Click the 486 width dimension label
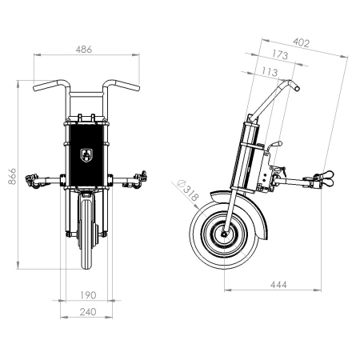point(84,50)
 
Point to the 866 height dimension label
point(12,176)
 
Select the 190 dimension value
point(88,295)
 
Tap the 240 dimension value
point(88,312)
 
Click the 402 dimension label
point(302,42)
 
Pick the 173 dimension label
point(280,54)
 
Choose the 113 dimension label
point(270,72)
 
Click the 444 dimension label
point(278,285)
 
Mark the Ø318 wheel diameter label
point(188,190)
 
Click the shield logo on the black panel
point(86,155)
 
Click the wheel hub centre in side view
point(224,234)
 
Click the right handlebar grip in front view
point(127,86)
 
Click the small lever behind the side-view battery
point(274,146)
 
